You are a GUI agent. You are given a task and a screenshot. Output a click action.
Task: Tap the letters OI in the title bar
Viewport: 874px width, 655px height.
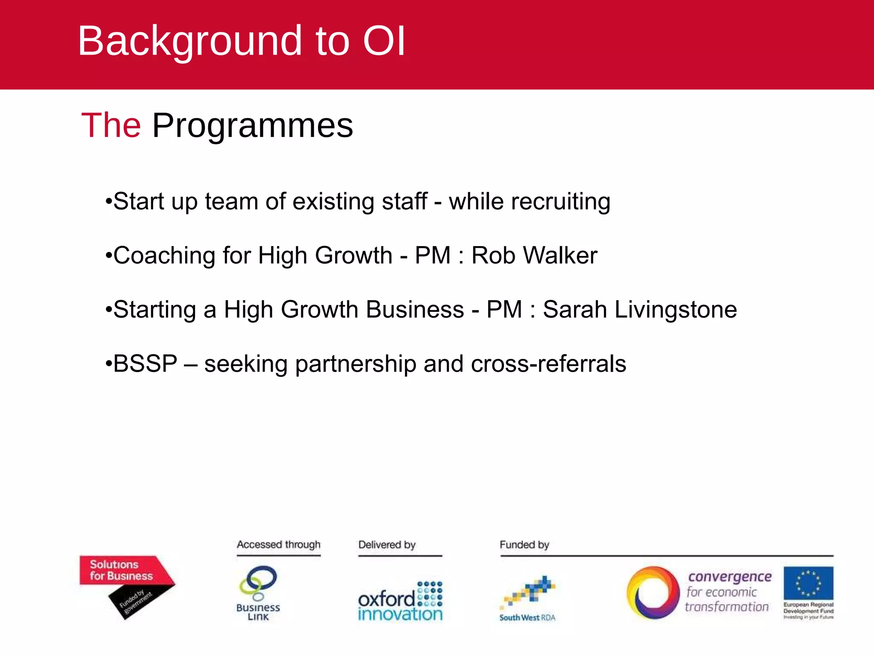coord(384,41)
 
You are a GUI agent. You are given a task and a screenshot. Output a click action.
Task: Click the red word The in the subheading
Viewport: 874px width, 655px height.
coord(111,125)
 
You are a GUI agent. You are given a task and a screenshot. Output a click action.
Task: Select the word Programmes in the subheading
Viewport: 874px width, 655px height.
coord(253,126)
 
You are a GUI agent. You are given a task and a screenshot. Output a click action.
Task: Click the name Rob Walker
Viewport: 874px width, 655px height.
coord(534,255)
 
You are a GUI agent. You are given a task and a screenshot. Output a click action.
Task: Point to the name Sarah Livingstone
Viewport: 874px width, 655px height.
coord(640,310)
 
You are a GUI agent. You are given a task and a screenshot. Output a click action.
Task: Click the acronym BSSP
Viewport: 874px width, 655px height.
coord(145,364)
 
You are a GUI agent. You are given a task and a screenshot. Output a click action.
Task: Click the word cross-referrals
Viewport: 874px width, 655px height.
coord(548,364)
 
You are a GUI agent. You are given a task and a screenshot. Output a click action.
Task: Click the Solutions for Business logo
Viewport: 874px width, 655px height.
coord(121,571)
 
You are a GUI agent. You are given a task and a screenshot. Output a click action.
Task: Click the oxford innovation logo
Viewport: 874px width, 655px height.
coord(400,601)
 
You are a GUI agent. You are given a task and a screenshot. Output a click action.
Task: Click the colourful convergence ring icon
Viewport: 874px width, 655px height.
coord(653,593)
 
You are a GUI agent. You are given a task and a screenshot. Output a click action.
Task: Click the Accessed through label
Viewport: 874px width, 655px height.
coord(279,545)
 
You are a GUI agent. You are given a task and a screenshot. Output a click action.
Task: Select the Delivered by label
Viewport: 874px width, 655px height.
coord(387,545)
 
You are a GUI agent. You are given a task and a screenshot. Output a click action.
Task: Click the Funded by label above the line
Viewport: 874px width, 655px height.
coord(524,545)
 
